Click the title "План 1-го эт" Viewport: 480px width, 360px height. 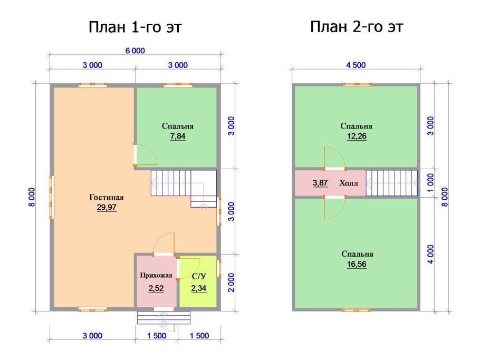pos(135,27)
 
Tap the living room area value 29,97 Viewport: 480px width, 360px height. pos(107,207)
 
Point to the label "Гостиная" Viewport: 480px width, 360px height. pos(107,197)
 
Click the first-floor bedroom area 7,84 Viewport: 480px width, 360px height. pos(178,136)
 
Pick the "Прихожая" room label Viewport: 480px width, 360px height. pos(156,275)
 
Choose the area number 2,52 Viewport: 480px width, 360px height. pos(156,288)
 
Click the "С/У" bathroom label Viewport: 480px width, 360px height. pos(199,277)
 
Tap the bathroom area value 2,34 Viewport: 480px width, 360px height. pos(199,288)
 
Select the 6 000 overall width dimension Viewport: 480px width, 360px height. pos(135,51)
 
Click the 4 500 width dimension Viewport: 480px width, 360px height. pos(356,65)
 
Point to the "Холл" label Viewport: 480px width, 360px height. pos(349,183)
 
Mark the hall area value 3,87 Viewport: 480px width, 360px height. pos(320,183)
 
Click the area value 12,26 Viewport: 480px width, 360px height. pos(357,136)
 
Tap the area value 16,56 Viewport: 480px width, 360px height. pos(357,264)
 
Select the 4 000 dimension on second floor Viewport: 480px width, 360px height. pos(431,254)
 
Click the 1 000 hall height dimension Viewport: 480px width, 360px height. pos(431,183)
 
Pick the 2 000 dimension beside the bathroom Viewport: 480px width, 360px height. pos(232,283)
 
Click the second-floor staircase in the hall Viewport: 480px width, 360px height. pos(392,183)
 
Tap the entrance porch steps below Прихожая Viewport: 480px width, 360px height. pos(164,317)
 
